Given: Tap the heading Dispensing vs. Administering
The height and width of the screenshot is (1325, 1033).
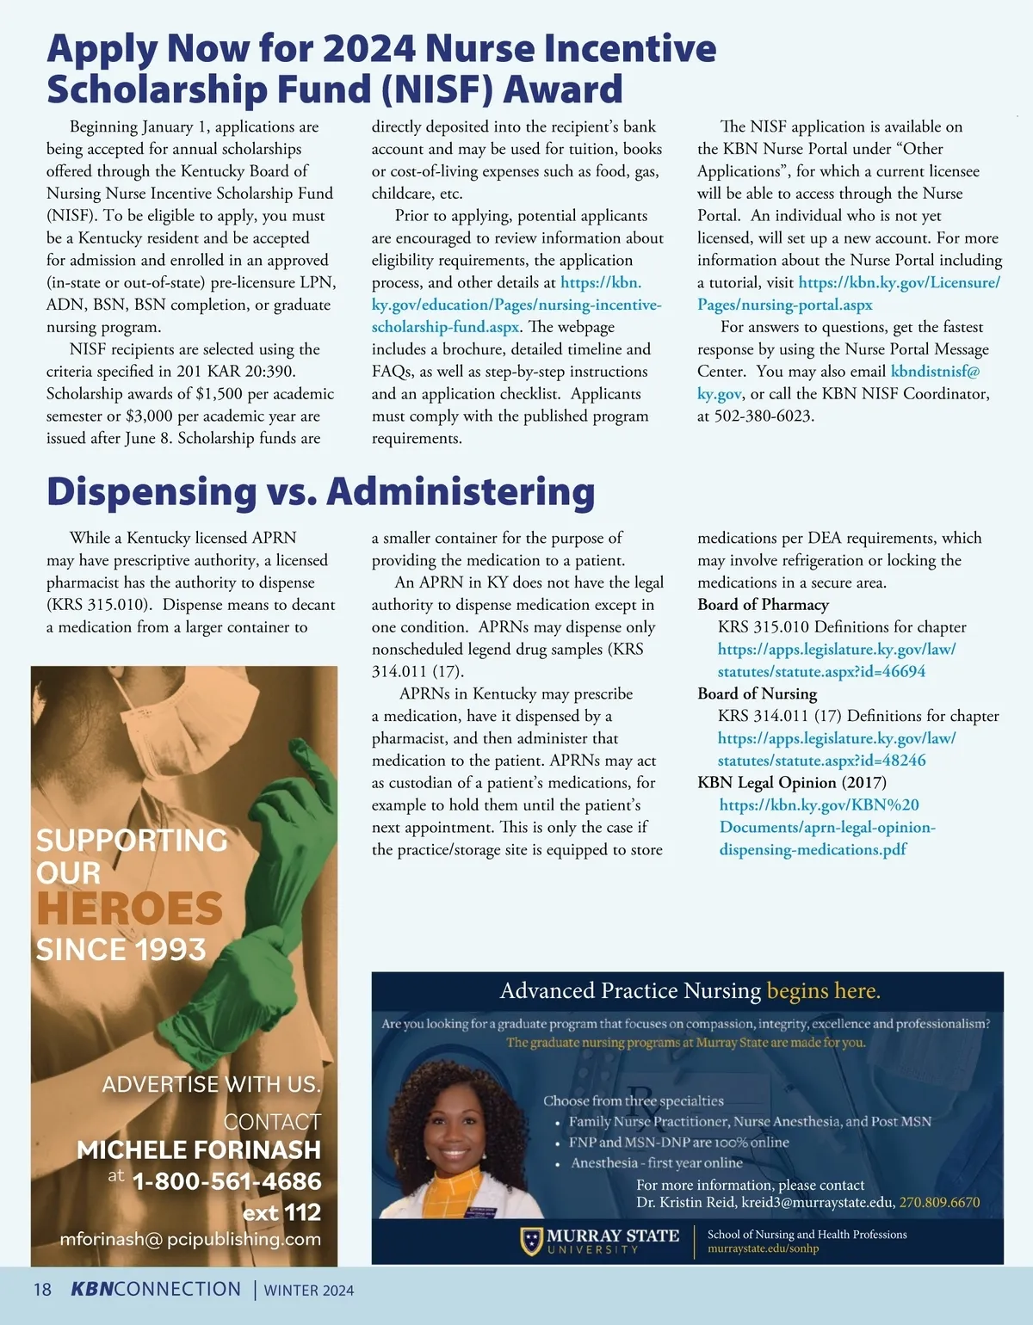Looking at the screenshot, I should (320, 492).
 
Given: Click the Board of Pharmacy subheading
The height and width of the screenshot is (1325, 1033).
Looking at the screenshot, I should (763, 605).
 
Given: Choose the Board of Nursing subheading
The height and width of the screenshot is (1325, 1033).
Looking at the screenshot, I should (757, 693).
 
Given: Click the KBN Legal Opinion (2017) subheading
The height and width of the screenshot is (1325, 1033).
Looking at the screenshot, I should (791, 783).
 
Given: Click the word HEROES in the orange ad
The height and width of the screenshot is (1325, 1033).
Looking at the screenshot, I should (129, 909).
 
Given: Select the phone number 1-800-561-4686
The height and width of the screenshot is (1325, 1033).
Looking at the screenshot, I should (226, 1181).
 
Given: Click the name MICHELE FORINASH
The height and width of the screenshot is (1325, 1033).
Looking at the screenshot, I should (199, 1150).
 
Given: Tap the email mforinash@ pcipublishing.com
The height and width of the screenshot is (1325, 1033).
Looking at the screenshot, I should (190, 1240).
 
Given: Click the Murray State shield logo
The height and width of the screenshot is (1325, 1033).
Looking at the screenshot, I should (531, 1242).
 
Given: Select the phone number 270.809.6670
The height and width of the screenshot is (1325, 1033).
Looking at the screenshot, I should (939, 1203).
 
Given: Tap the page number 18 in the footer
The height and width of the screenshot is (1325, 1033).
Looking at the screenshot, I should (42, 1290).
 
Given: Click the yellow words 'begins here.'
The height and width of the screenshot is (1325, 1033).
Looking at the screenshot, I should (823, 991).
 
